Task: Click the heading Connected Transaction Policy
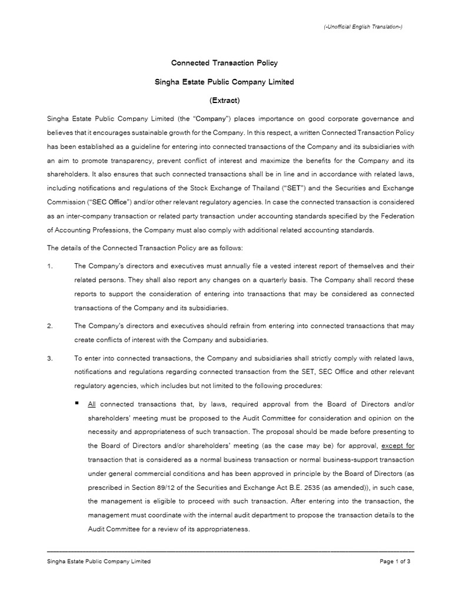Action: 224,62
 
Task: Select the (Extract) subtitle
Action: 224,100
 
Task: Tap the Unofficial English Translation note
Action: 363,27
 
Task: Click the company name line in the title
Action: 224,82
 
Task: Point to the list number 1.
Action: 49,266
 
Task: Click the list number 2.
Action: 49,325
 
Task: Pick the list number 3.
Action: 49,357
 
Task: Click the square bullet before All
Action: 78,403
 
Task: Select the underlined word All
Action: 91,405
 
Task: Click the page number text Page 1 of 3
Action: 395,561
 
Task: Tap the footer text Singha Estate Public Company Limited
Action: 98,561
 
